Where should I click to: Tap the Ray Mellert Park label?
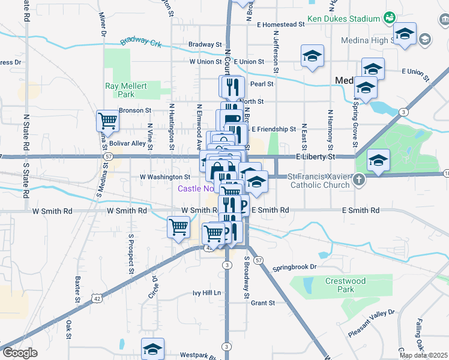[126, 90]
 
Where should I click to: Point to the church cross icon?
[358, 179]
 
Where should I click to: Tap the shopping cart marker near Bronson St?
[107, 121]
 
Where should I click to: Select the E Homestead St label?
[281, 25]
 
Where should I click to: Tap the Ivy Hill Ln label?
[206, 293]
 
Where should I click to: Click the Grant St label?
[262, 303]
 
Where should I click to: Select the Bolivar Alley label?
[130, 143]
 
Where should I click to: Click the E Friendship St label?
[273, 129]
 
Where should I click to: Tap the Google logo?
[19, 353]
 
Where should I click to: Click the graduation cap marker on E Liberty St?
[378, 160]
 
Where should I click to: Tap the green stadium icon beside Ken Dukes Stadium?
[390, 19]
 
